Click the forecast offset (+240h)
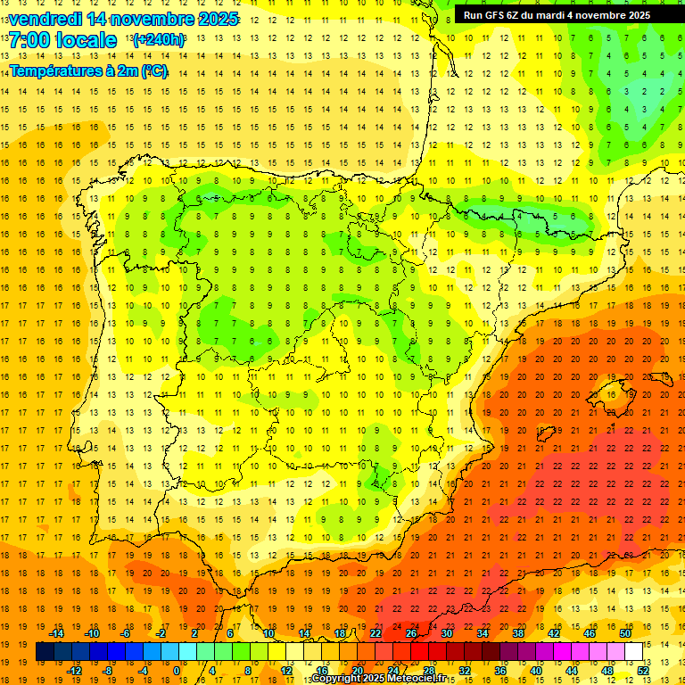pyautogui.click(x=158, y=40)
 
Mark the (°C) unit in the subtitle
pyautogui.click(x=153, y=70)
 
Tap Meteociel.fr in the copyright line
pyautogui.click(x=420, y=679)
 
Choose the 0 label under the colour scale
pyautogui.click(x=176, y=670)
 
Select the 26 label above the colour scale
pyautogui.click(x=411, y=633)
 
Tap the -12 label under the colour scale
pyautogui.click(x=74, y=670)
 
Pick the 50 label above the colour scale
pyautogui.click(x=624, y=633)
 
